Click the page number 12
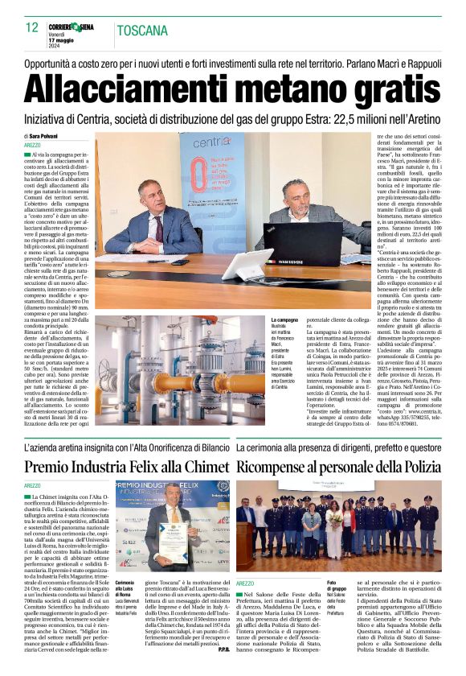[31, 27]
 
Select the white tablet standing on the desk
[245, 262]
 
